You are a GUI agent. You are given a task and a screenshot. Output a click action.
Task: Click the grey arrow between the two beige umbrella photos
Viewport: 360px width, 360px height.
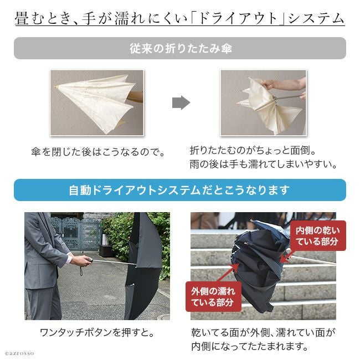tap(181, 102)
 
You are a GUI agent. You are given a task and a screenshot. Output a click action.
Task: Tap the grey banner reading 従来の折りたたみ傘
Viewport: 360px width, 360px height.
tap(180, 48)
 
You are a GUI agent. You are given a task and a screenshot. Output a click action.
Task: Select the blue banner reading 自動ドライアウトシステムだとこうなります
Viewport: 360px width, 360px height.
tap(180, 190)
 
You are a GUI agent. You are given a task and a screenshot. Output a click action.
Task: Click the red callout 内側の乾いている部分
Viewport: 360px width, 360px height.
tap(317, 235)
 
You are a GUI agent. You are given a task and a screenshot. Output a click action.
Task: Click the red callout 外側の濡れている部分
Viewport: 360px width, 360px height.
tap(213, 296)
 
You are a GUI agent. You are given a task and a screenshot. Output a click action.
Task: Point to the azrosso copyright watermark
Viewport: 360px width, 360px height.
tap(19, 353)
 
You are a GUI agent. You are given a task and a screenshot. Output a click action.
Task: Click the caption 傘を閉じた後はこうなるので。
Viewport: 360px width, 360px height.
tap(98, 152)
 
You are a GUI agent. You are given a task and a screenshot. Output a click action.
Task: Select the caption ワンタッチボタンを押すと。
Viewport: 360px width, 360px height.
tap(97, 332)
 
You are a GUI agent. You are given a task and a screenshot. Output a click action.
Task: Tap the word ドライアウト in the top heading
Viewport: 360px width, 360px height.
tap(238, 18)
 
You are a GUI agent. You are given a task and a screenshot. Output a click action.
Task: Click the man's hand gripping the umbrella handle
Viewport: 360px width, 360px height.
tap(81, 261)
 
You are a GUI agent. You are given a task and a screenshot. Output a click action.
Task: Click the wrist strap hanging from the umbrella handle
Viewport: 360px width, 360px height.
tap(81, 270)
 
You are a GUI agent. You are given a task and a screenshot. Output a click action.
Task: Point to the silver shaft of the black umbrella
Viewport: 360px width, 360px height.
tap(114, 263)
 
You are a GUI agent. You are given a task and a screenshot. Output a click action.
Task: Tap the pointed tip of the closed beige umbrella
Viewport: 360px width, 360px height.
tap(56, 87)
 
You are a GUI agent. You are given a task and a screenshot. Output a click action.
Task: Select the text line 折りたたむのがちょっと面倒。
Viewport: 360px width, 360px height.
tap(253, 151)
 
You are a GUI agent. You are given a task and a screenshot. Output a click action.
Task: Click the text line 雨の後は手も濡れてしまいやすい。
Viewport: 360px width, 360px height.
tap(264, 164)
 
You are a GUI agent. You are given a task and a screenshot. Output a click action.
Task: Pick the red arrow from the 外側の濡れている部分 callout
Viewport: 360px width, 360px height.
tap(227, 273)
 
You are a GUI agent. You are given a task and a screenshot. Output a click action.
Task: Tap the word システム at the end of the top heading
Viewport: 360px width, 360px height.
tap(316, 18)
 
